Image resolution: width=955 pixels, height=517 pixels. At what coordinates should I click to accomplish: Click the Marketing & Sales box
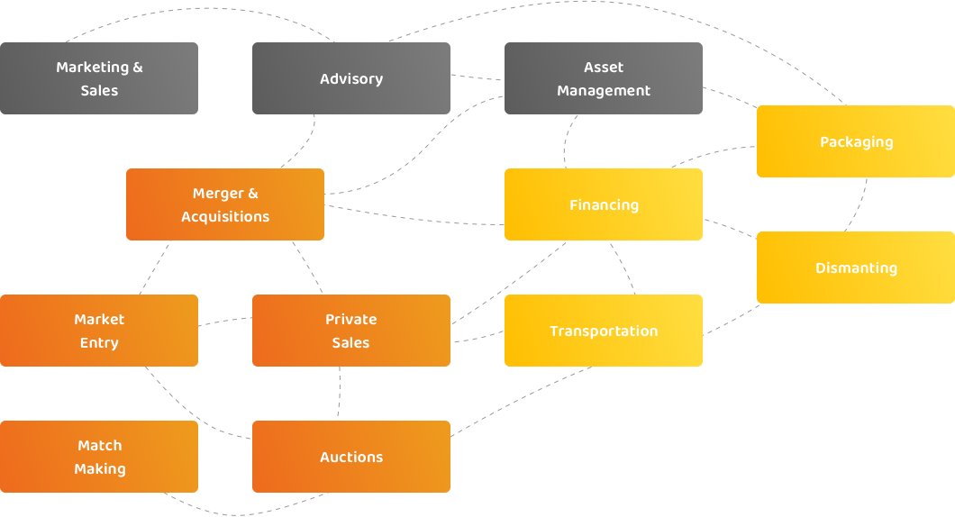[x=99, y=78]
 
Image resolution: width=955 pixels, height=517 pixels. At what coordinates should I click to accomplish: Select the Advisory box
[x=351, y=78]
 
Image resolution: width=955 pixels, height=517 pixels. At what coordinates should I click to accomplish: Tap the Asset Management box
[x=604, y=78]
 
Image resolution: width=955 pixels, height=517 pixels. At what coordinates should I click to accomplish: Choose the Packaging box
[x=856, y=141]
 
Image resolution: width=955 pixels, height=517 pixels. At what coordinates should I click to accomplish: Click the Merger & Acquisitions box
[x=225, y=204]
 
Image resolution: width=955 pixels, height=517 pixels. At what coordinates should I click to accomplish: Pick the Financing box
[x=604, y=204]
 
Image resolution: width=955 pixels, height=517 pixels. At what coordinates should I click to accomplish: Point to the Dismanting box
[x=856, y=268]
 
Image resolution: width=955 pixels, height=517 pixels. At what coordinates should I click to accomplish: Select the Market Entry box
[x=99, y=331]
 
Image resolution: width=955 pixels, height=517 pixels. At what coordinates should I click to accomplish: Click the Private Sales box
[x=351, y=331]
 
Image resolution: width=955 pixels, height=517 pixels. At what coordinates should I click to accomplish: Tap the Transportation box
[x=604, y=331]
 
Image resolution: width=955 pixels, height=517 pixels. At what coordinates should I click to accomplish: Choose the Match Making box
[x=99, y=457]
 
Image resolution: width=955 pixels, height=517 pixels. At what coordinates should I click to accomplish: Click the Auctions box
[x=351, y=457]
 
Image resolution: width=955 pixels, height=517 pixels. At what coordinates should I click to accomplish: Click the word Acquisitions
[x=225, y=217]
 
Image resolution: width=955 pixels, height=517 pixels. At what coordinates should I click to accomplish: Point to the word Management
[x=604, y=91]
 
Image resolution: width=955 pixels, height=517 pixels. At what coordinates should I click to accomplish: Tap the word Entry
[x=99, y=343]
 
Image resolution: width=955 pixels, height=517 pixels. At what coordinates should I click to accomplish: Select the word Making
[x=100, y=469]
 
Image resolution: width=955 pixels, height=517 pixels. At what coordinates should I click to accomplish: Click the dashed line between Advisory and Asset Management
[x=477, y=77]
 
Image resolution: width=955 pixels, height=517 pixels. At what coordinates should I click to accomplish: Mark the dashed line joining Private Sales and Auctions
[x=340, y=394]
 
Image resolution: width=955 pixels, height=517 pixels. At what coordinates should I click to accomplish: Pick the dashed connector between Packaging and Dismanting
[x=857, y=205]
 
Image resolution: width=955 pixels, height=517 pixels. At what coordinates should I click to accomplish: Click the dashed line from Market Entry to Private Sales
[x=225, y=321]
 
